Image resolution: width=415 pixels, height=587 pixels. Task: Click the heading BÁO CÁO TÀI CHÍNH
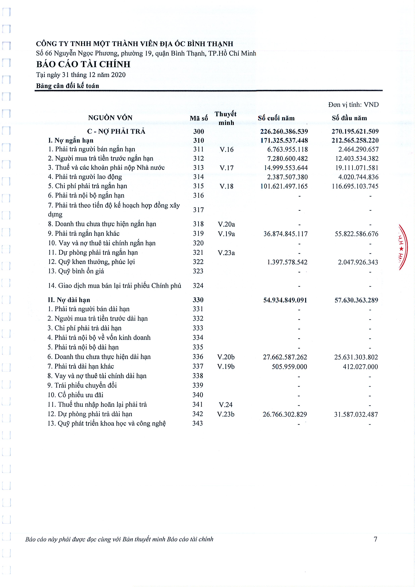83,64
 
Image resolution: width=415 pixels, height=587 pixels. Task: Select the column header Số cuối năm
276,118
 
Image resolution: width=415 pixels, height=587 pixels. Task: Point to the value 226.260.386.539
284,131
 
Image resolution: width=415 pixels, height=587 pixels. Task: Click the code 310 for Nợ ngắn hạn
199,140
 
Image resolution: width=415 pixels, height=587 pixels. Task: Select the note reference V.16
226,150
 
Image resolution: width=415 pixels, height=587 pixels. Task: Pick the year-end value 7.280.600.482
287,158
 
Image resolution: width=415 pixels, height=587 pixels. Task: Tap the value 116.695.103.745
355,186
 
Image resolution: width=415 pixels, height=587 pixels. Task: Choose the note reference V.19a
226,234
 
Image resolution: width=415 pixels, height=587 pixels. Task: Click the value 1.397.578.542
287,262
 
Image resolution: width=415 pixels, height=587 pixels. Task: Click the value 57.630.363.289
356,300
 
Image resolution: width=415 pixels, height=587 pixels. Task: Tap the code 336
198,357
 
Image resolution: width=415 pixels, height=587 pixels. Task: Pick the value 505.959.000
289,367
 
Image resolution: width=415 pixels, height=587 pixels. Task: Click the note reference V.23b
226,414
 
